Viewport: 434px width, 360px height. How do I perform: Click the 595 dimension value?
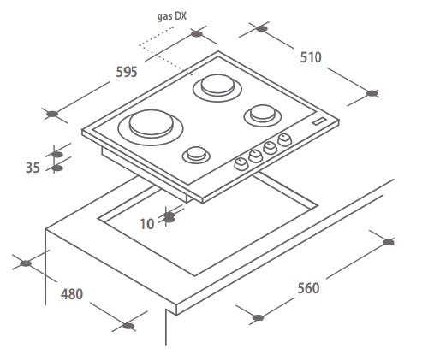click(127, 72)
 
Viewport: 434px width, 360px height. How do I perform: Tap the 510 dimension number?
click(311, 57)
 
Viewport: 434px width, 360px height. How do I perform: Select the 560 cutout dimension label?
click(308, 288)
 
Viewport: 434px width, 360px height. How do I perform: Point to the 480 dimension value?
click(72, 294)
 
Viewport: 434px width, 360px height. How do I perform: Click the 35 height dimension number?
click(33, 168)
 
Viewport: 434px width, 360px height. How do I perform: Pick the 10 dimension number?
click(147, 224)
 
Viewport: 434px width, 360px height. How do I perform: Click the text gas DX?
click(172, 16)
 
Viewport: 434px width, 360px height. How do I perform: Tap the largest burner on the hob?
click(151, 127)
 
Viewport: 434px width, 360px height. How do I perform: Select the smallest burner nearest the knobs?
click(196, 155)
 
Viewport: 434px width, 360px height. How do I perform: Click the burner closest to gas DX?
click(217, 87)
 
